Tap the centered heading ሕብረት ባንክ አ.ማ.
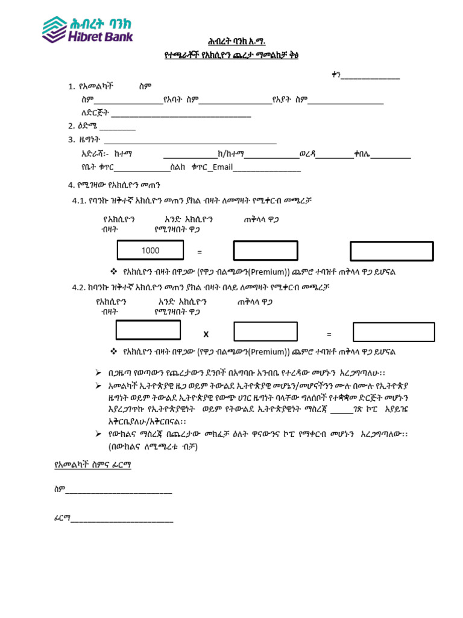(x=231, y=42)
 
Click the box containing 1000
(x=150, y=250)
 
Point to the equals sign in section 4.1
(x=200, y=252)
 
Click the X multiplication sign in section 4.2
(x=206, y=334)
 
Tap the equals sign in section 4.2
(x=329, y=334)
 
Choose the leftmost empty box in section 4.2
(x=148, y=330)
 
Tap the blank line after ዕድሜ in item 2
(x=118, y=127)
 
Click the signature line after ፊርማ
(x=122, y=520)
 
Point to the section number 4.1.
(x=80, y=201)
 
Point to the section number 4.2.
(x=80, y=287)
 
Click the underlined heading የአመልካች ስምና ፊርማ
(x=92, y=465)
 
